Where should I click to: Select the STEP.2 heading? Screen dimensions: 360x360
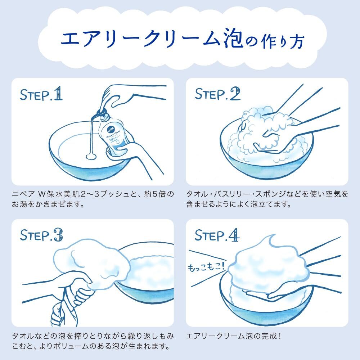(218, 94)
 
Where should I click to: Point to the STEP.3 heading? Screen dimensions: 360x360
(41, 235)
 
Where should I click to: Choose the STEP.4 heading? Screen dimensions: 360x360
(217, 235)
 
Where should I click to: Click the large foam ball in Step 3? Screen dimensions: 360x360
(92, 264)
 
